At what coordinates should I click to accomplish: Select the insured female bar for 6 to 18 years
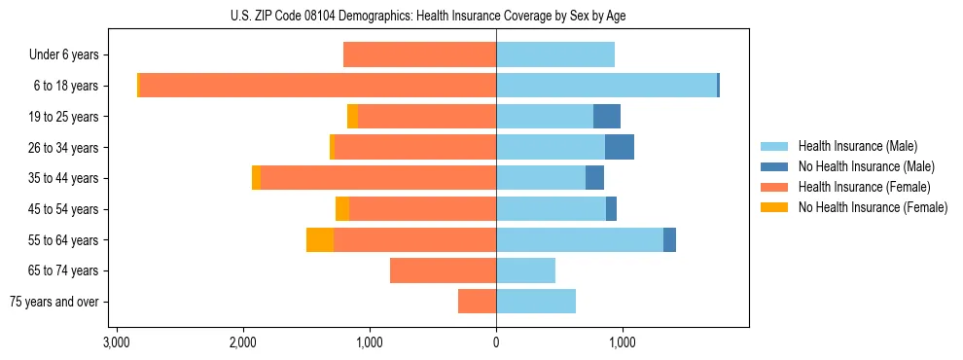point(318,86)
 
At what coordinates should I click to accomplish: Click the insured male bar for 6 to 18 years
point(606,86)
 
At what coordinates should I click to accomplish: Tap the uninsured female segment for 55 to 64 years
point(320,240)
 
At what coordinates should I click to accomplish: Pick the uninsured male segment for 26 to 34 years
point(620,147)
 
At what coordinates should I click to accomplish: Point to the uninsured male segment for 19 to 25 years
point(607,117)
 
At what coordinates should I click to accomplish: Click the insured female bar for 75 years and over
point(477,302)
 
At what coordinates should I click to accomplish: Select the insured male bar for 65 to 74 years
point(525,270)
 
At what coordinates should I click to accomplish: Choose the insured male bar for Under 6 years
point(555,54)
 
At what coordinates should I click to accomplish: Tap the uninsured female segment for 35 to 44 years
point(256,178)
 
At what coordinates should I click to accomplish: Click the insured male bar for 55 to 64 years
point(580,240)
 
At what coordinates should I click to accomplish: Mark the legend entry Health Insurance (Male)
point(857,146)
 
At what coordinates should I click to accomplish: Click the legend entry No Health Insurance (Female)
point(873,207)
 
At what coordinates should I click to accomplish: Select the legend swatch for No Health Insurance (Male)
point(774,166)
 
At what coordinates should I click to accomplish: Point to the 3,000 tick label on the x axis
point(116,342)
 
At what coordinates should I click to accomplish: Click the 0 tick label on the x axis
point(496,342)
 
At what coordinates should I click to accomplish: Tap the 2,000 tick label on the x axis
point(242,342)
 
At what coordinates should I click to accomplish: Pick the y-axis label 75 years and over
point(54,302)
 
